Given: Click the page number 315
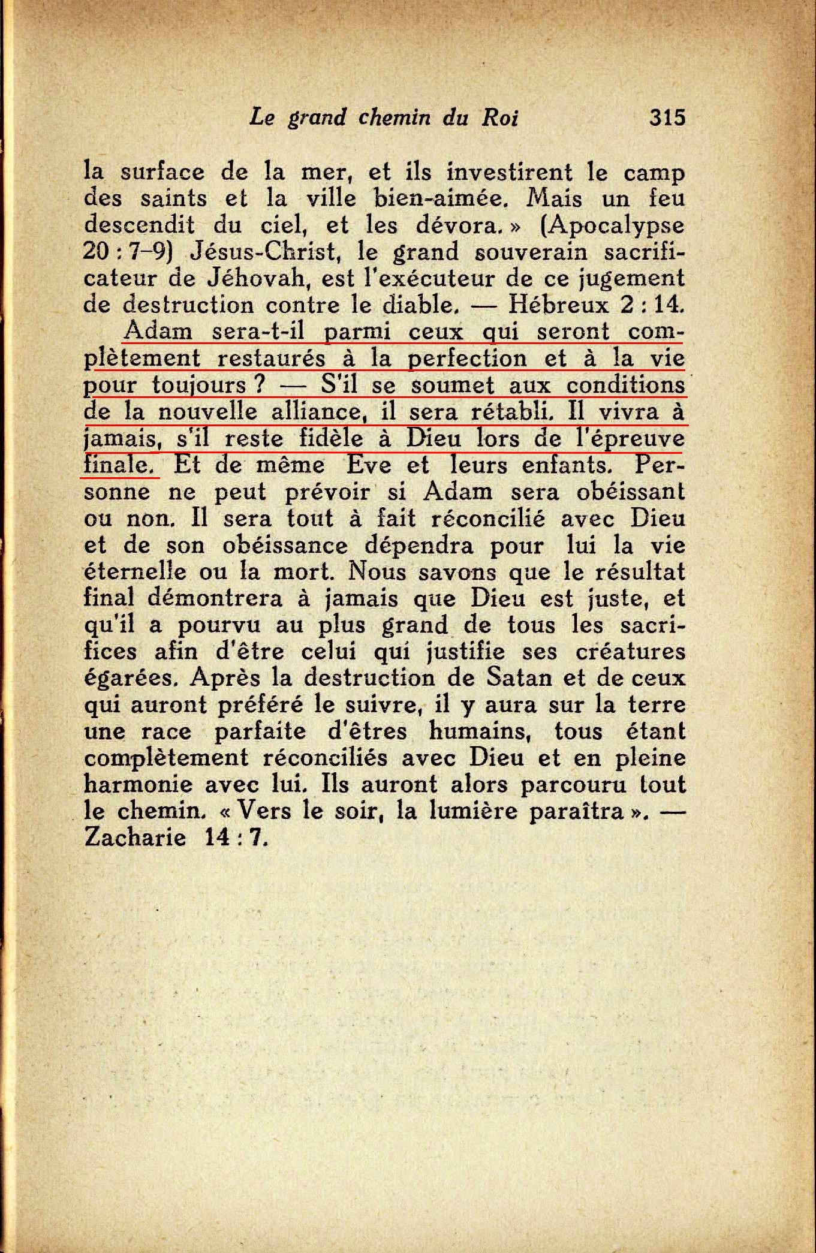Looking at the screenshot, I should click(667, 116).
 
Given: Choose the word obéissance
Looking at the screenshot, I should click(285, 545).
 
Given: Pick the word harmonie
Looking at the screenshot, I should click(138, 784).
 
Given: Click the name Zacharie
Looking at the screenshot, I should click(135, 837).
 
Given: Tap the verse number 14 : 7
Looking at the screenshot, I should click(236, 837).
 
